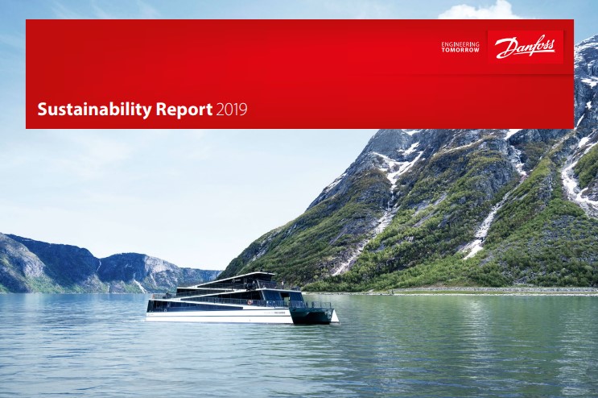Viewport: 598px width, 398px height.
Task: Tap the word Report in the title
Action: coord(184,110)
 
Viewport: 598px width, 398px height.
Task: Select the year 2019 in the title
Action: coord(232,110)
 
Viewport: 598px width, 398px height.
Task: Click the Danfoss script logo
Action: coord(525,48)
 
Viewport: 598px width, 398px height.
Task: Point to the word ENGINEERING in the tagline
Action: coord(460,44)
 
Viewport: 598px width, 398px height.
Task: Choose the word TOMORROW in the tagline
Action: coord(460,50)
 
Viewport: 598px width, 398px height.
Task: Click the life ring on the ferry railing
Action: coord(250,302)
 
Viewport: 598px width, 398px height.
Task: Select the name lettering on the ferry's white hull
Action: coord(274,312)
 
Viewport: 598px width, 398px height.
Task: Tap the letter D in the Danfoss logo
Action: coord(504,48)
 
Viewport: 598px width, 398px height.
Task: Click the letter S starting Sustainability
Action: coord(43,110)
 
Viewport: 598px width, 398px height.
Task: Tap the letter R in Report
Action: coord(161,110)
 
